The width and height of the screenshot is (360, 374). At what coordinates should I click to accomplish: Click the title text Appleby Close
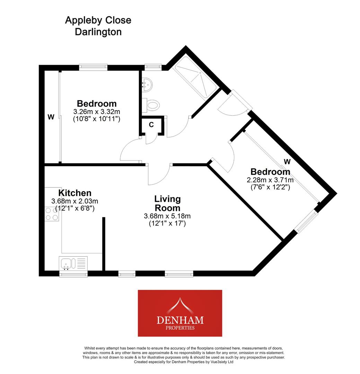(x=98, y=20)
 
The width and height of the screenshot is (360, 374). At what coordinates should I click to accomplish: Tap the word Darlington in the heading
(x=94, y=32)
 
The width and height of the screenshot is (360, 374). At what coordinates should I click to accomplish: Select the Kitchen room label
(x=75, y=193)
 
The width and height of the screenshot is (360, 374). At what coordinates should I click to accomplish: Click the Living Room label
(x=167, y=204)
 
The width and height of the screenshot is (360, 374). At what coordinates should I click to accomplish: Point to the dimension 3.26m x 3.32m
(x=97, y=112)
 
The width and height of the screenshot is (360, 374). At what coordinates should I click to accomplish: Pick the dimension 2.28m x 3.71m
(x=270, y=180)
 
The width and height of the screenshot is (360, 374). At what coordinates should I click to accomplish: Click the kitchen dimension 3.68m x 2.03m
(x=74, y=201)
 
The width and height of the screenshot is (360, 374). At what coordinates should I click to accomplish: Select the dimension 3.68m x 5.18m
(x=167, y=216)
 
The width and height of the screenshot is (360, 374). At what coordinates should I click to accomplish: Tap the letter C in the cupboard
(x=151, y=125)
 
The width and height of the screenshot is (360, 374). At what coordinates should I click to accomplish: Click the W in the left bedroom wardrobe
(x=51, y=117)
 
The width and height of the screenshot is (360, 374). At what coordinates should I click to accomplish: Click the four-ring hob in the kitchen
(x=51, y=214)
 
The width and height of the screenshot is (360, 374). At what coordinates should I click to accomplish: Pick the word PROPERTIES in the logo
(x=180, y=328)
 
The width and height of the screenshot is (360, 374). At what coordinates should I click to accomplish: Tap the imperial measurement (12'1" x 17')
(x=167, y=224)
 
